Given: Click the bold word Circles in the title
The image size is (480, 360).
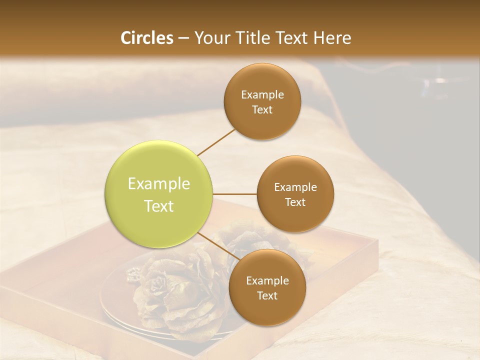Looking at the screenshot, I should click(146, 38).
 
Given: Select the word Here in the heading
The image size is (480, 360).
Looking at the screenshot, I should click(332, 38).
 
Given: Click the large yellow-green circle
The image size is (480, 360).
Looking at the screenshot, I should click(159, 194).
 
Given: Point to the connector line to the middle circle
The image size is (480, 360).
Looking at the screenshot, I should click(235, 193).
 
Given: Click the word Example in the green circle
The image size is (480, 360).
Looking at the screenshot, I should click(159, 184).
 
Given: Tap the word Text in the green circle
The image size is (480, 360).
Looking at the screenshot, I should click(159, 206).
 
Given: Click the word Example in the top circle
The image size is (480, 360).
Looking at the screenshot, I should click(262, 95).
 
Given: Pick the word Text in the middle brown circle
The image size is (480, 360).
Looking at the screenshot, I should click(295, 202).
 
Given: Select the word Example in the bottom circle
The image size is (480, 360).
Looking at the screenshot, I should click(267, 281).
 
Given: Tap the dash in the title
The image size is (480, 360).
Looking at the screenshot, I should click(183, 38).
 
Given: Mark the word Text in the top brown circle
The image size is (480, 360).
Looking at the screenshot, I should click(262, 110).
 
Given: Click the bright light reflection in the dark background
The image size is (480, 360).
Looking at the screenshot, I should click(439, 80).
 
